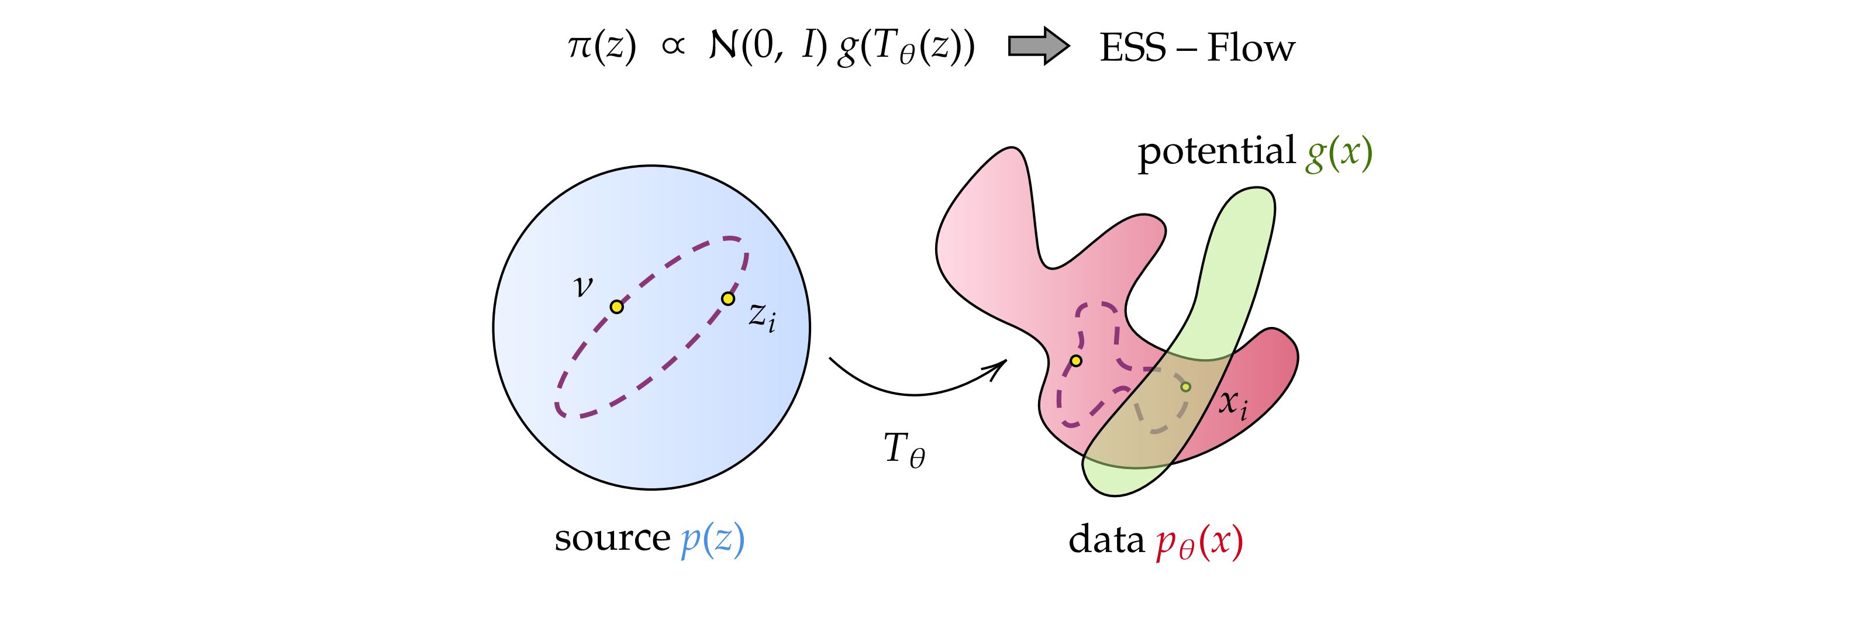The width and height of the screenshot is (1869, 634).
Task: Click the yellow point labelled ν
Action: pos(617,307)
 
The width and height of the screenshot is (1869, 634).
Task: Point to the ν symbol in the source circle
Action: pos(582,287)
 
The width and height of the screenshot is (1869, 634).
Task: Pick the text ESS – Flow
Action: pos(1197,49)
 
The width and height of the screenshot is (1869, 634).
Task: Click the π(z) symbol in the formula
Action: pos(602,49)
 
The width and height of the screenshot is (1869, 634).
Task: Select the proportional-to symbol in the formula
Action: pos(673,48)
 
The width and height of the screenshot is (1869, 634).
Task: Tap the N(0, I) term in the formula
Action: pos(768,49)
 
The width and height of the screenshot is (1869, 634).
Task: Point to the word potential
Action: pos(1216,152)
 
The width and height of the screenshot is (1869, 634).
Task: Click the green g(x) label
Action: pos(1339,154)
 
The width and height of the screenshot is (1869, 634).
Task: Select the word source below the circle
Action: pos(612,538)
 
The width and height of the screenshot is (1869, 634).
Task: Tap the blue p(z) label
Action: pos(712,540)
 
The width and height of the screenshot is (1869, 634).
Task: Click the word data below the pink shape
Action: pos(1106,540)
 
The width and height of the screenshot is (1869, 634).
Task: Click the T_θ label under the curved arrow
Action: pos(904,449)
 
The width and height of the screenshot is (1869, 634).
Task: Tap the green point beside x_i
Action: pos(1185,387)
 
